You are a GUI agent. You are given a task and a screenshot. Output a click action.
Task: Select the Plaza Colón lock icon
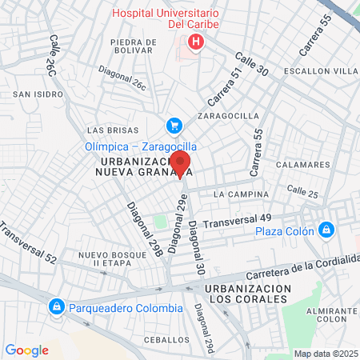326,231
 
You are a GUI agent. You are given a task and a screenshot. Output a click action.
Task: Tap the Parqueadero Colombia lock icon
57,307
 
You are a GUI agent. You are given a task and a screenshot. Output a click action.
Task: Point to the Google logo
27,350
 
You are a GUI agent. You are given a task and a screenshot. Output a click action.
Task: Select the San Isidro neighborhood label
32,94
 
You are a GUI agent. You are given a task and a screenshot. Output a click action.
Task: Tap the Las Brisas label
106,130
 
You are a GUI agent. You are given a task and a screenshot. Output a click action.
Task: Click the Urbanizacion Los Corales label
246,293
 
